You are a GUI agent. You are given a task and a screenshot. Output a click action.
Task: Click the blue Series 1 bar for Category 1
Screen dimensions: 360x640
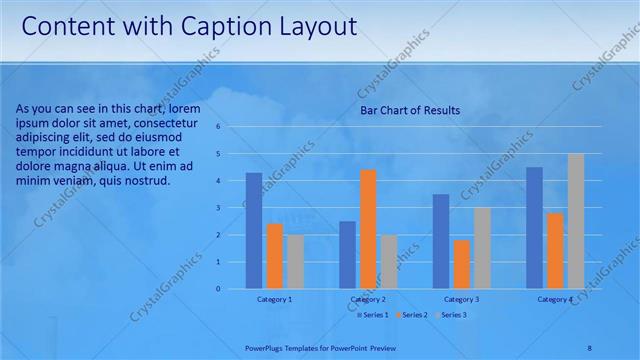[254, 231]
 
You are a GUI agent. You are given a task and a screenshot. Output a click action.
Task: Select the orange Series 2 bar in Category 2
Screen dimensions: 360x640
[368, 229]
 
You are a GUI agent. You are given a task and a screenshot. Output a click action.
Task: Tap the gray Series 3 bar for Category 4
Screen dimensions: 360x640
[576, 221]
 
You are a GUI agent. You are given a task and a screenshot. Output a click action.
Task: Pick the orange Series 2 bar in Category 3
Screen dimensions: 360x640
[462, 264]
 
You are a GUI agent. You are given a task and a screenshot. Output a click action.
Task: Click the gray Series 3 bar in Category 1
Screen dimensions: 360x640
[295, 262]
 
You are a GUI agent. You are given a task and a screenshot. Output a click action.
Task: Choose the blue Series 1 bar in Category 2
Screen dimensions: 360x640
[347, 255]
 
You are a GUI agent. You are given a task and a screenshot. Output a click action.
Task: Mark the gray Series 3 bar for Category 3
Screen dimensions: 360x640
[482, 248]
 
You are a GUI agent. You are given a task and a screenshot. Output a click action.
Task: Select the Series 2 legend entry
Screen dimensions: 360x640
[411, 315]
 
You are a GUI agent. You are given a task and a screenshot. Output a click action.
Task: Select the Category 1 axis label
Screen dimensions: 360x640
[274, 299]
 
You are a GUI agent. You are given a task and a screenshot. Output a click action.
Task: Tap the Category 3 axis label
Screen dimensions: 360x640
[461, 299]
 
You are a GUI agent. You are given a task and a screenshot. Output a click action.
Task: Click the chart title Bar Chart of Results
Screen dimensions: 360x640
[410, 111]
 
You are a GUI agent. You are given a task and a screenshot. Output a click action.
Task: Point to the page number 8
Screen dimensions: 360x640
[589, 347]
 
